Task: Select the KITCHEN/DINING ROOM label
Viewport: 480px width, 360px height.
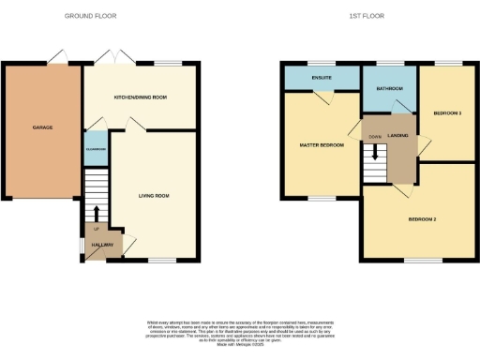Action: (140, 97)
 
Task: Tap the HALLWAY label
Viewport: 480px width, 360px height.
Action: (101, 245)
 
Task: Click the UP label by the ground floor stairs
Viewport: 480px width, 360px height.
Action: (95, 228)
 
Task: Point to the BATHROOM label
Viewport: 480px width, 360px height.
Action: (390, 88)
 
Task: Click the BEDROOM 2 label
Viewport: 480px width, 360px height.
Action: (422, 219)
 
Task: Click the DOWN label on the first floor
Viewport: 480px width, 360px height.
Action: (375, 137)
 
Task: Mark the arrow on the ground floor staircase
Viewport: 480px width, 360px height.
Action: (97, 212)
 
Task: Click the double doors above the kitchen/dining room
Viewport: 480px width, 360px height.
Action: (115, 58)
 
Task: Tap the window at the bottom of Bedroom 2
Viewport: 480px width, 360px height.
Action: (417, 261)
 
